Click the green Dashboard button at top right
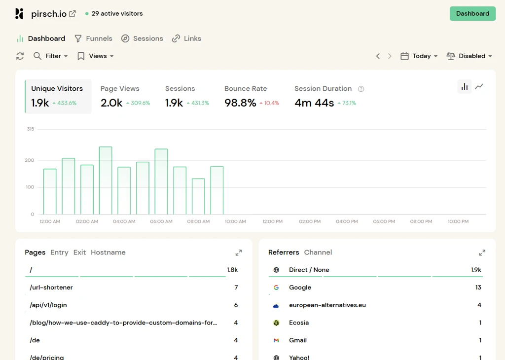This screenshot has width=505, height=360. click(472, 13)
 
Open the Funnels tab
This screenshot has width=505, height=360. click(93, 38)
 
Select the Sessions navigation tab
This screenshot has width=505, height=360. click(142, 38)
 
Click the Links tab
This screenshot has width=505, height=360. click(186, 38)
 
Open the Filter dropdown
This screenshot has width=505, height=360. click(51, 56)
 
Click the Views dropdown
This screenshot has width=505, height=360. click(96, 56)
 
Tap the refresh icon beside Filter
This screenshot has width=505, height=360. click(20, 56)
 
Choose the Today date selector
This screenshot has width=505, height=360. click(419, 56)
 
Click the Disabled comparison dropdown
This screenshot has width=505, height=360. click(469, 56)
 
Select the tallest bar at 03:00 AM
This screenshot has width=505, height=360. click(106, 180)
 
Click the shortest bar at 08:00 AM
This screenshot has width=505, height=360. click(198, 196)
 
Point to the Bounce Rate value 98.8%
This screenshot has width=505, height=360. click(240, 103)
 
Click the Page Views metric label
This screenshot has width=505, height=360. click(120, 89)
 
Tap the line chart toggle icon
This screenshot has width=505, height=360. click(479, 86)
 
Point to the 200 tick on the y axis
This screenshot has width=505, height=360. click(30, 160)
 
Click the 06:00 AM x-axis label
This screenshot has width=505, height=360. click(161, 221)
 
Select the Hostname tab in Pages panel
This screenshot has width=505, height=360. click(108, 252)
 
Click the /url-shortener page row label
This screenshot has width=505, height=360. click(51, 287)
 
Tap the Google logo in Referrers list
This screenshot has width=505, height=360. click(276, 287)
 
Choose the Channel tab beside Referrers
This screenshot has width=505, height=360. click(318, 252)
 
